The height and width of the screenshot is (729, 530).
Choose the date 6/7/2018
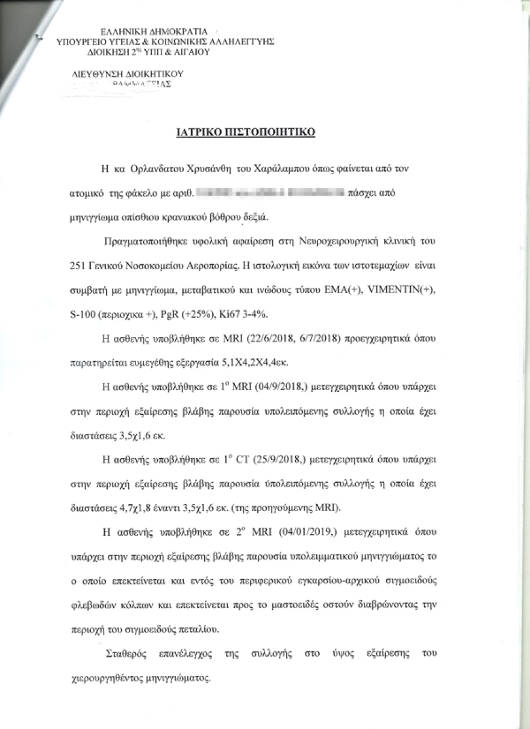[x=312, y=340]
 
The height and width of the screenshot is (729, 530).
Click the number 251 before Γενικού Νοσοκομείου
[x=78, y=266]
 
